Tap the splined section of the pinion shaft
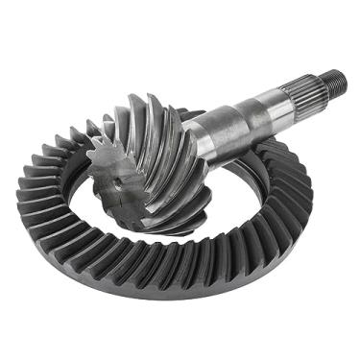(305, 94)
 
